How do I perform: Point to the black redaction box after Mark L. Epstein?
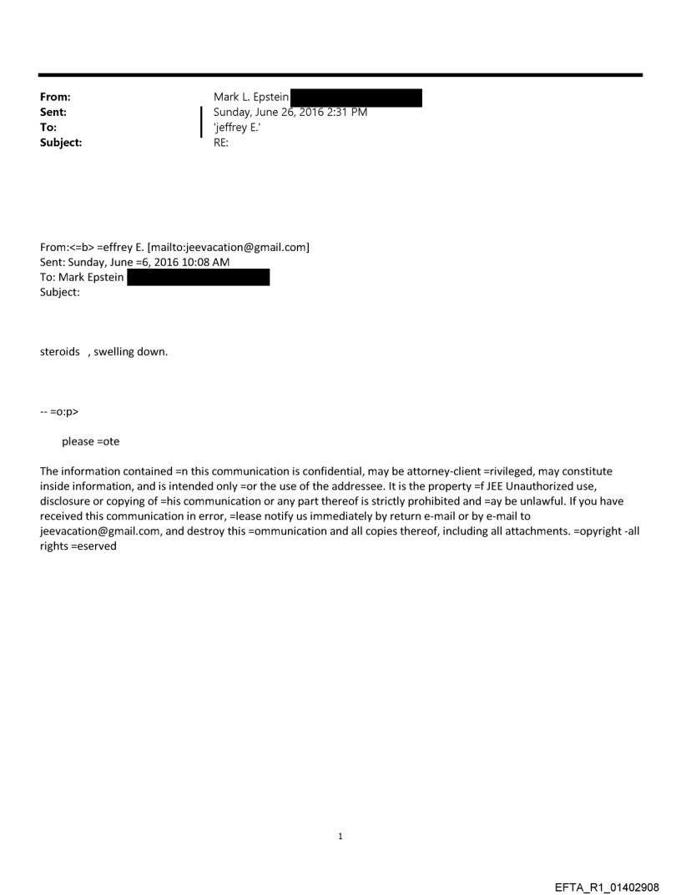pos(356,98)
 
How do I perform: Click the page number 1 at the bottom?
pos(340,836)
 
